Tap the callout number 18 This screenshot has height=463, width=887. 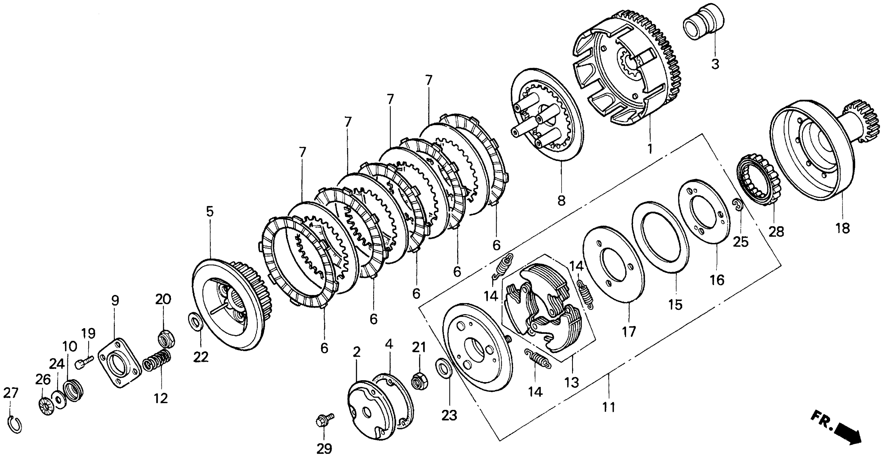[843, 228]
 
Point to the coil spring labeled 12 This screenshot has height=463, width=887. [156, 360]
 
